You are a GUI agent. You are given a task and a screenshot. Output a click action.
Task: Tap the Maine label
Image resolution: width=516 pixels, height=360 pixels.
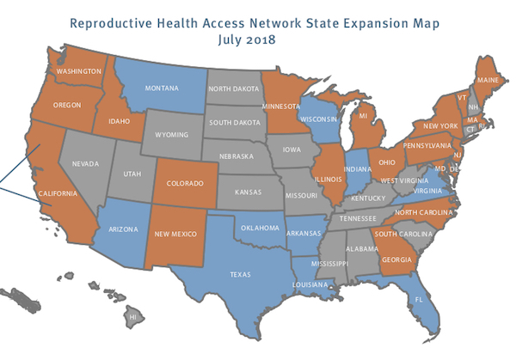click(488, 82)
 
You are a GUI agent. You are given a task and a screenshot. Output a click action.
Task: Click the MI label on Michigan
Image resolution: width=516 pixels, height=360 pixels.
click(363, 114)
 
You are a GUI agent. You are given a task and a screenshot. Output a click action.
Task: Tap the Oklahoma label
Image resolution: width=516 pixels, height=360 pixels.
click(260, 228)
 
